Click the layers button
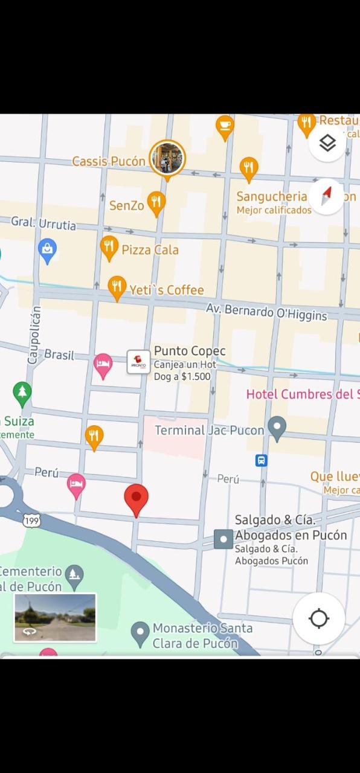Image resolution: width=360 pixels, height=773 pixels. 327,143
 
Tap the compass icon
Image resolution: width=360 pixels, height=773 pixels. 327,196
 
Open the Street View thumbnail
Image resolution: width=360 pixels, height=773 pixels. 55,617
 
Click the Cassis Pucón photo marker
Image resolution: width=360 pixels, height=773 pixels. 167,158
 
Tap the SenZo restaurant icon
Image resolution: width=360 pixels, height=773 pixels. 156,204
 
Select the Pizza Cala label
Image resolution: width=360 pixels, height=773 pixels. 150,249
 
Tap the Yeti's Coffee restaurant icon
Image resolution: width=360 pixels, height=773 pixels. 117,287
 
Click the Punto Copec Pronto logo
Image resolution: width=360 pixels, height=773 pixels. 138,362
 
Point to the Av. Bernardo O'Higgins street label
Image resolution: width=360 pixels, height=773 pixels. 266,312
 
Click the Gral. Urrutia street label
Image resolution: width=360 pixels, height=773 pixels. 43,223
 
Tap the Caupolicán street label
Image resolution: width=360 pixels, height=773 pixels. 35,334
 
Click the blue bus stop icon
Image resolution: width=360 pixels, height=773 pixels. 261,460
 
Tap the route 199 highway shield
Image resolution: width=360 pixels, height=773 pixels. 32,519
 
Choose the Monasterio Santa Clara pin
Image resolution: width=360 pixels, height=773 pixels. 140,633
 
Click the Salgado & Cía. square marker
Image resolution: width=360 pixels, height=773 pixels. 223,539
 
